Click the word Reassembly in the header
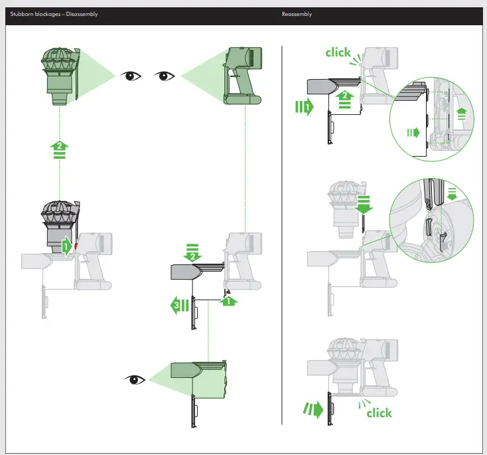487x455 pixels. click(297, 15)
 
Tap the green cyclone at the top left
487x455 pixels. click(60, 73)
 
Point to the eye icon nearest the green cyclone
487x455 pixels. click(131, 76)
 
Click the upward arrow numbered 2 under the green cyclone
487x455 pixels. click(60, 149)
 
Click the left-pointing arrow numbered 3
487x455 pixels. click(180, 307)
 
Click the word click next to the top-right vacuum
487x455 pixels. click(338, 52)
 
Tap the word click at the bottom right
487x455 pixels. click(379, 413)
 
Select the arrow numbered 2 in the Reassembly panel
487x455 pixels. click(343, 100)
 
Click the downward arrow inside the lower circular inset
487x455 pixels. click(452, 193)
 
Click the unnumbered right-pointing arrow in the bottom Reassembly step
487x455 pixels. click(314, 409)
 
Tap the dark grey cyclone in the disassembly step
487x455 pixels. click(60, 223)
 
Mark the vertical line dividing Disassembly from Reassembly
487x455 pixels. click(282, 232)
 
